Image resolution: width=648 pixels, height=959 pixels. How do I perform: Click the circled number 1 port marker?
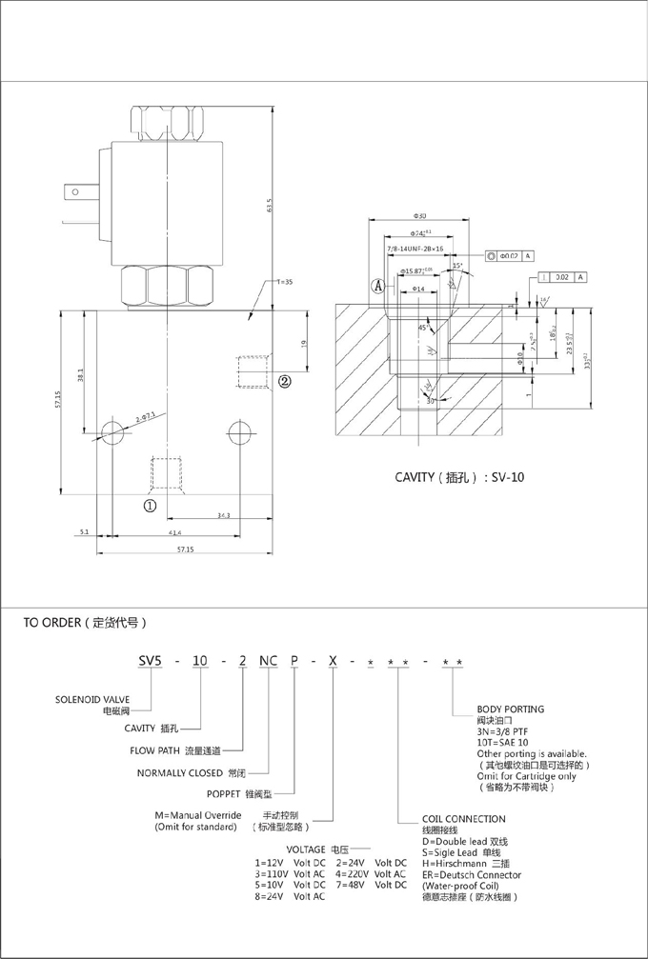pos(151,506)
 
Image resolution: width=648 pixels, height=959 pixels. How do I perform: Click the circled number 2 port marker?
pos(284,382)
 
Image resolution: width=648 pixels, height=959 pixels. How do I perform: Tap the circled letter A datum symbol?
pos(378,285)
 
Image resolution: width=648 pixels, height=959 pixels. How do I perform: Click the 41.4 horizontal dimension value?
pos(174,532)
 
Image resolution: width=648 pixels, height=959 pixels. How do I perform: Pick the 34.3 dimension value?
pos(223,514)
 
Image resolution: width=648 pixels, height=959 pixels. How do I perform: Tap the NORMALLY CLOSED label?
pos(176,772)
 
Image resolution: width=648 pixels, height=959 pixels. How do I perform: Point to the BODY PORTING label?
pos(510,709)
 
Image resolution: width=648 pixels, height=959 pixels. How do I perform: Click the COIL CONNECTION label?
pos(463,819)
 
